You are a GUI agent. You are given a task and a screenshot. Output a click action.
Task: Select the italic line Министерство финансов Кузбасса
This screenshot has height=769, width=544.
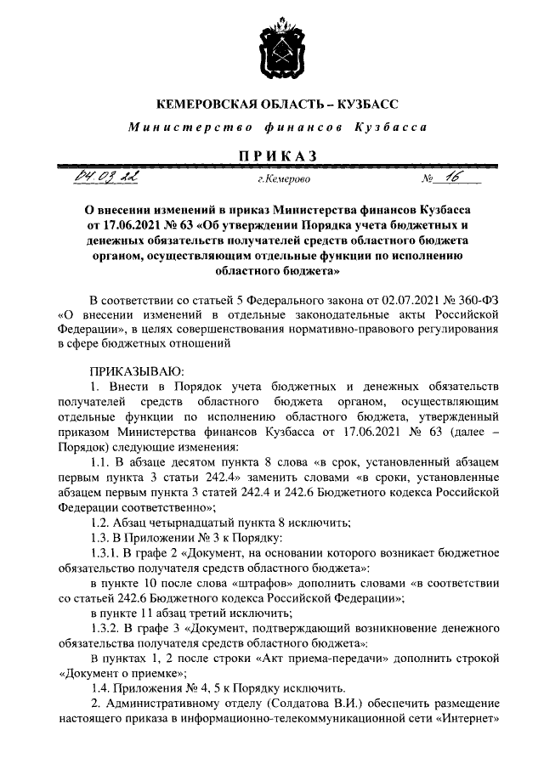271,127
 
